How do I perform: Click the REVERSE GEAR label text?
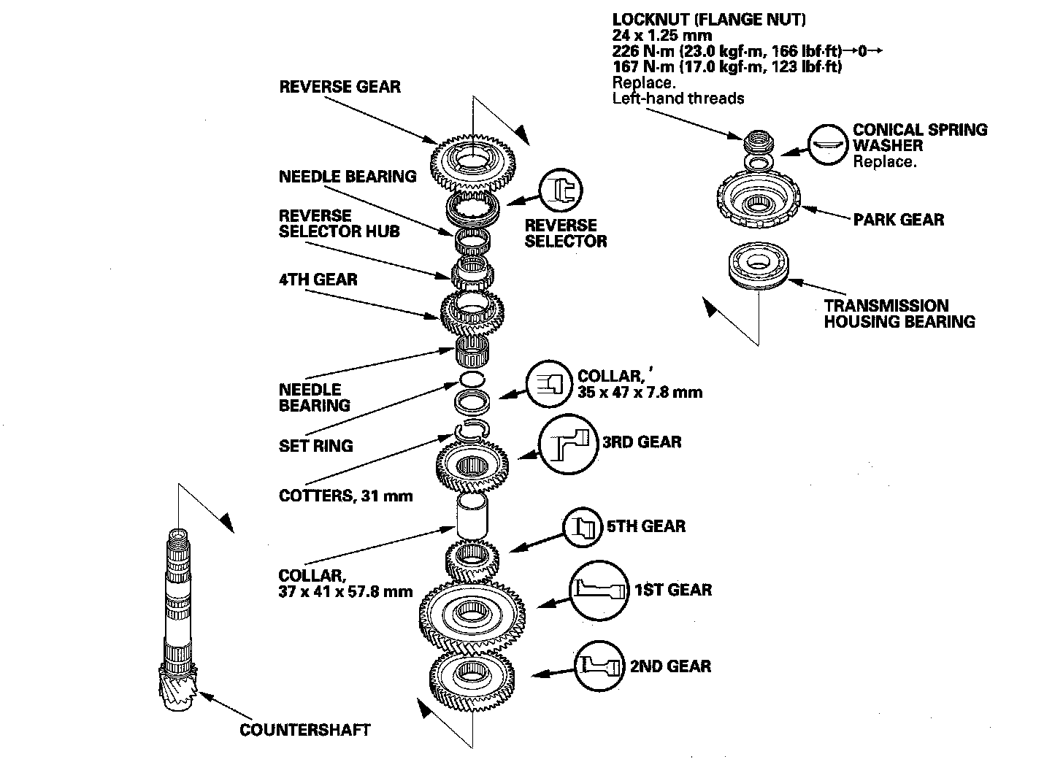[339, 87]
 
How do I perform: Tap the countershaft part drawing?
[178, 619]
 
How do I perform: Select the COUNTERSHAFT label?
[304, 730]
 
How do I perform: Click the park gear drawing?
[759, 199]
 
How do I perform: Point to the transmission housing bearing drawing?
[759, 266]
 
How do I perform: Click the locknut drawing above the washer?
[758, 142]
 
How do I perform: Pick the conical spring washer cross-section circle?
[828, 145]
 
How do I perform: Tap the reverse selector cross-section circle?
[561, 190]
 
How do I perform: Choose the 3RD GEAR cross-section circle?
[569, 444]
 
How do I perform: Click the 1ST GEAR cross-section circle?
[599, 590]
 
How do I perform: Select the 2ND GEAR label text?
[670, 666]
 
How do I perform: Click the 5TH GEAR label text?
[646, 526]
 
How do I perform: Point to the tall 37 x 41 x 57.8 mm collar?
[472, 516]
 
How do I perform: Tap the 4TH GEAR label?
[318, 280]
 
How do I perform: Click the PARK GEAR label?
[899, 220]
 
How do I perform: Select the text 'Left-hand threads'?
[678, 99]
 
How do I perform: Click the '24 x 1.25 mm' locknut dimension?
[662, 35]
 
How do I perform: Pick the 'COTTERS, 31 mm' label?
[345, 496]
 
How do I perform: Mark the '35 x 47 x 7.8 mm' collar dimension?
[640, 393]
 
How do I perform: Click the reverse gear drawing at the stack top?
[472, 162]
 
